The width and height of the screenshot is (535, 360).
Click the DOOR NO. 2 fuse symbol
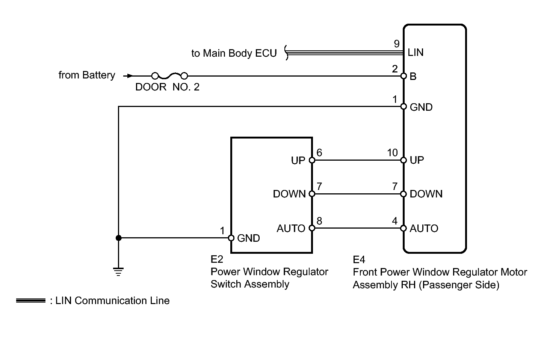169,75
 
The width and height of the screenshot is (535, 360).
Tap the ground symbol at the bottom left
118,271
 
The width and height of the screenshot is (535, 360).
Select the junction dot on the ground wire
118,238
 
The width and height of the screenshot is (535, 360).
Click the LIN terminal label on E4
416,53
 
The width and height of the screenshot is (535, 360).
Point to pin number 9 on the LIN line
397,44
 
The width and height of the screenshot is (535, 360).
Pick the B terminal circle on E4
404,76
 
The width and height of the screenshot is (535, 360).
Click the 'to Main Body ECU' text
234,53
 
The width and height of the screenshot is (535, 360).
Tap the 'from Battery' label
87,75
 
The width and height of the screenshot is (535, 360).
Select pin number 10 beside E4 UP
392,153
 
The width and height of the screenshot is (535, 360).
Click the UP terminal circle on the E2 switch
312,160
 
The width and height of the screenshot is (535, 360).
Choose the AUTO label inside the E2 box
291,228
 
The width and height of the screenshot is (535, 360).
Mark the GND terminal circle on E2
231,238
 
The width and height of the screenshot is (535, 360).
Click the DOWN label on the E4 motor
426,194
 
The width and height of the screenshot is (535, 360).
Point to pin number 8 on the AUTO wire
319,221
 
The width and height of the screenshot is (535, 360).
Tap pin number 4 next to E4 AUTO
394,221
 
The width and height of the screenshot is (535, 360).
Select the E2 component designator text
217,259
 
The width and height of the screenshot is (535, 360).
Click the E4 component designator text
359,260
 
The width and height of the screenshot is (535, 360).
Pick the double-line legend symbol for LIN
31,301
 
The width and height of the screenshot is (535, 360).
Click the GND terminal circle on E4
404,107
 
